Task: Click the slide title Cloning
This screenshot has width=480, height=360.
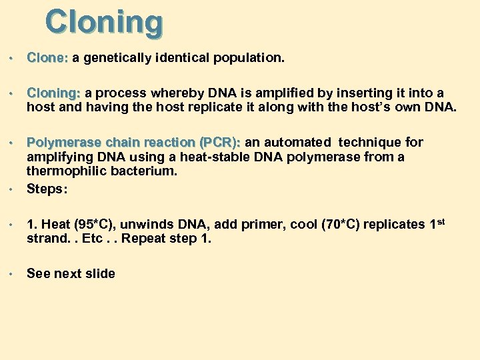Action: (103, 22)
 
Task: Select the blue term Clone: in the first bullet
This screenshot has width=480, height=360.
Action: (47, 59)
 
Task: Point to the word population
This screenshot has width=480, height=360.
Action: (248, 59)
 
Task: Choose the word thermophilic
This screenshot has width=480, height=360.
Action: (61, 171)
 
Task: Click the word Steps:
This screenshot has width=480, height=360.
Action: (47, 189)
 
